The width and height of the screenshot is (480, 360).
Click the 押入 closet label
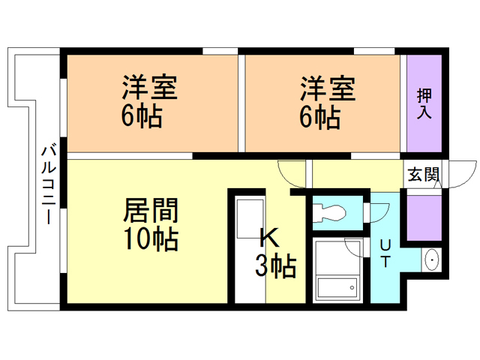[424, 103]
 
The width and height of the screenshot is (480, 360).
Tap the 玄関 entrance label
[424, 174]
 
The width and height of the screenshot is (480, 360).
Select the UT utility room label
[385, 253]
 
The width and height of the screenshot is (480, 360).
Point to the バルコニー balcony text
[49, 185]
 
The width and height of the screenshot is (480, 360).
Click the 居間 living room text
[151, 210]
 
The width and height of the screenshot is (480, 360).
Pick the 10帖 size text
[151, 239]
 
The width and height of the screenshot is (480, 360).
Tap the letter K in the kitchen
[269, 238]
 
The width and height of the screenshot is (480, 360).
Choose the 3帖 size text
[275, 265]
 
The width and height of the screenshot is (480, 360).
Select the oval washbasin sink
[432, 260]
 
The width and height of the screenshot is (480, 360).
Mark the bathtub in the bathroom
[337, 288]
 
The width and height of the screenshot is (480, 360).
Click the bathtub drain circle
[352, 288]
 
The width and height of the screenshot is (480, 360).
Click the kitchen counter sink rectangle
[250, 219]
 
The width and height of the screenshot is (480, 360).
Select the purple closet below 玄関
[424, 218]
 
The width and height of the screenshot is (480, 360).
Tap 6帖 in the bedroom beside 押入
[319, 117]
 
